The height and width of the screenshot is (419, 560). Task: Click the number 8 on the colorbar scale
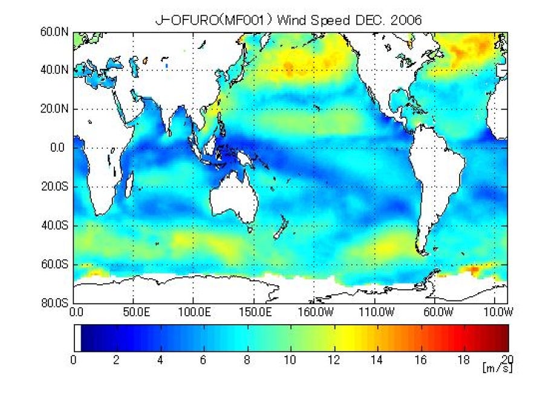point(247,360)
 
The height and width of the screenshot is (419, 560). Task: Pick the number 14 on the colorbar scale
point(377,360)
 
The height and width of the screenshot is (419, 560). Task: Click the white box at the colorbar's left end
point(77,337)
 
